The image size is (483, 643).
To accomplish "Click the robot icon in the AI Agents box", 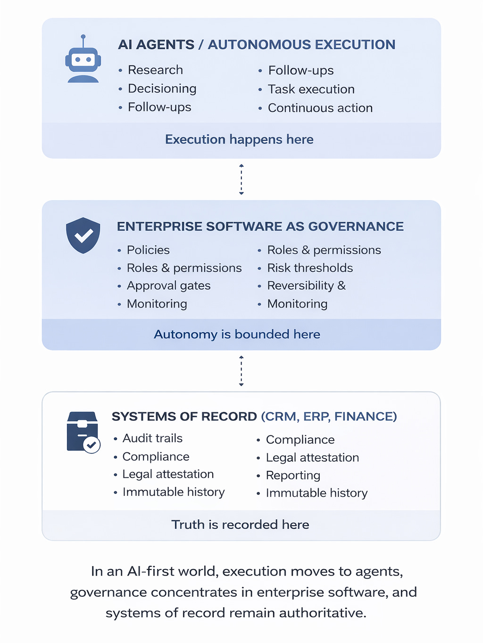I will click(83, 61).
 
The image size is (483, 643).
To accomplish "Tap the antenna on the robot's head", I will click(83, 38).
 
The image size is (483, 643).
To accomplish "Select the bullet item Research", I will click(155, 70).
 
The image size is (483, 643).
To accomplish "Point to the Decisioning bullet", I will click(162, 89).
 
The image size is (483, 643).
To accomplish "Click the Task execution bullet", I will click(311, 89).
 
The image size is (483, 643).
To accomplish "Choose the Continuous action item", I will click(320, 108).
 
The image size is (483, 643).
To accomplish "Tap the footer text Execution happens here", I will click(239, 140).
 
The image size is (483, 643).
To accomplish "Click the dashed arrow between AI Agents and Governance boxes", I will click(241, 179).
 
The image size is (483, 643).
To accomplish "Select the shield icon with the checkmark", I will click(83, 235).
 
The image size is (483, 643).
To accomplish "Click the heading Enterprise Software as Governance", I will click(260, 226).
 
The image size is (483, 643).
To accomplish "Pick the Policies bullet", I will click(148, 250).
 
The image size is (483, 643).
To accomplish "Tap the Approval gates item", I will click(168, 286).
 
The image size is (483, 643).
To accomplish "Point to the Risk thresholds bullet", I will click(310, 268).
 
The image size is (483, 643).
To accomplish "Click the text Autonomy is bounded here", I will click(237, 334).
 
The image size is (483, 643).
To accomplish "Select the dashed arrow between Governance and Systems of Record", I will click(241, 371).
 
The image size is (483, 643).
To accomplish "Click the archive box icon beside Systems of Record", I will click(83, 432).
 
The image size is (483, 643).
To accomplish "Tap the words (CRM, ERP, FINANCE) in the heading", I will click(329, 417).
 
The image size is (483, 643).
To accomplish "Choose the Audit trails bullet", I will click(152, 438).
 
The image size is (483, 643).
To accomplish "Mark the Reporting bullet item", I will click(293, 476).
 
